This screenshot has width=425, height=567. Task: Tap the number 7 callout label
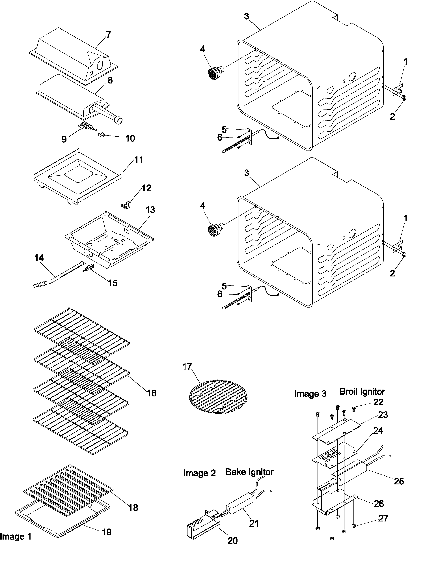tap(108, 34)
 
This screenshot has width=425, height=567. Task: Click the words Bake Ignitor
tap(249, 472)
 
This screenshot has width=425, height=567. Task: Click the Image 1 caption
tap(16, 536)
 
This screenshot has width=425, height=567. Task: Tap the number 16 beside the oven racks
tap(151, 393)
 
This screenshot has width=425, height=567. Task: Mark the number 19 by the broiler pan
tap(107, 532)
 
